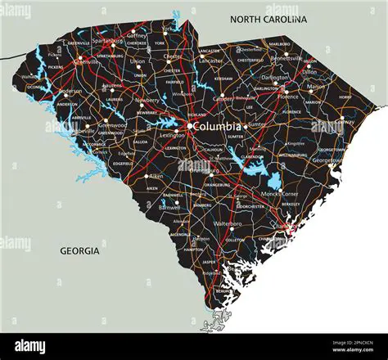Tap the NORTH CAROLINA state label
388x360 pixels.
(268, 19)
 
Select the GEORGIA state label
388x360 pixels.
(79, 251)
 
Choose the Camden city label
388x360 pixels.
(223, 98)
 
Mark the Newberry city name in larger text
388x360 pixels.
(147, 100)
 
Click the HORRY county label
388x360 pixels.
(345, 97)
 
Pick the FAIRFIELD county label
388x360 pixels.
(174, 82)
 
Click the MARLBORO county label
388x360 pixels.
(279, 43)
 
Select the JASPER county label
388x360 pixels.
(209, 262)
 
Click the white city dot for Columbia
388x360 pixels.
(189, 126)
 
